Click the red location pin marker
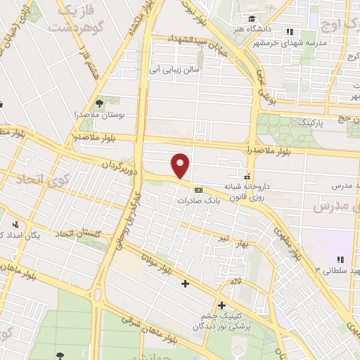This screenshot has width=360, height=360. [x=181, y=166]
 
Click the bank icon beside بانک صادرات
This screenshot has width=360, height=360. [x=198, y=189]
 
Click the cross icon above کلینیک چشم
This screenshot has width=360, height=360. [x=221, y=305]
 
